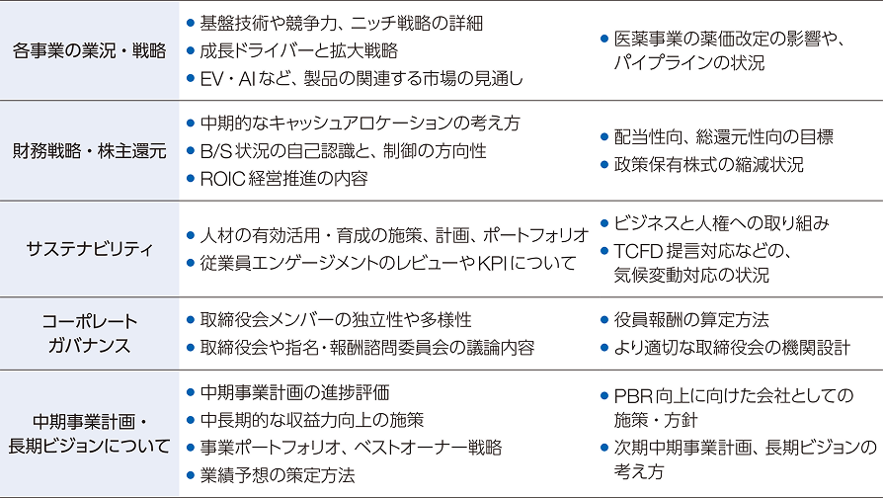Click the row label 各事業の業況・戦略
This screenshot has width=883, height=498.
click(90, 49)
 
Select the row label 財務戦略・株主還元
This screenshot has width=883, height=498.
click(90, 151)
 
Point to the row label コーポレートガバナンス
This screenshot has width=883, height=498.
click(90, 333)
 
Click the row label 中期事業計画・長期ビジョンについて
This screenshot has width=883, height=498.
click(90, 432)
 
